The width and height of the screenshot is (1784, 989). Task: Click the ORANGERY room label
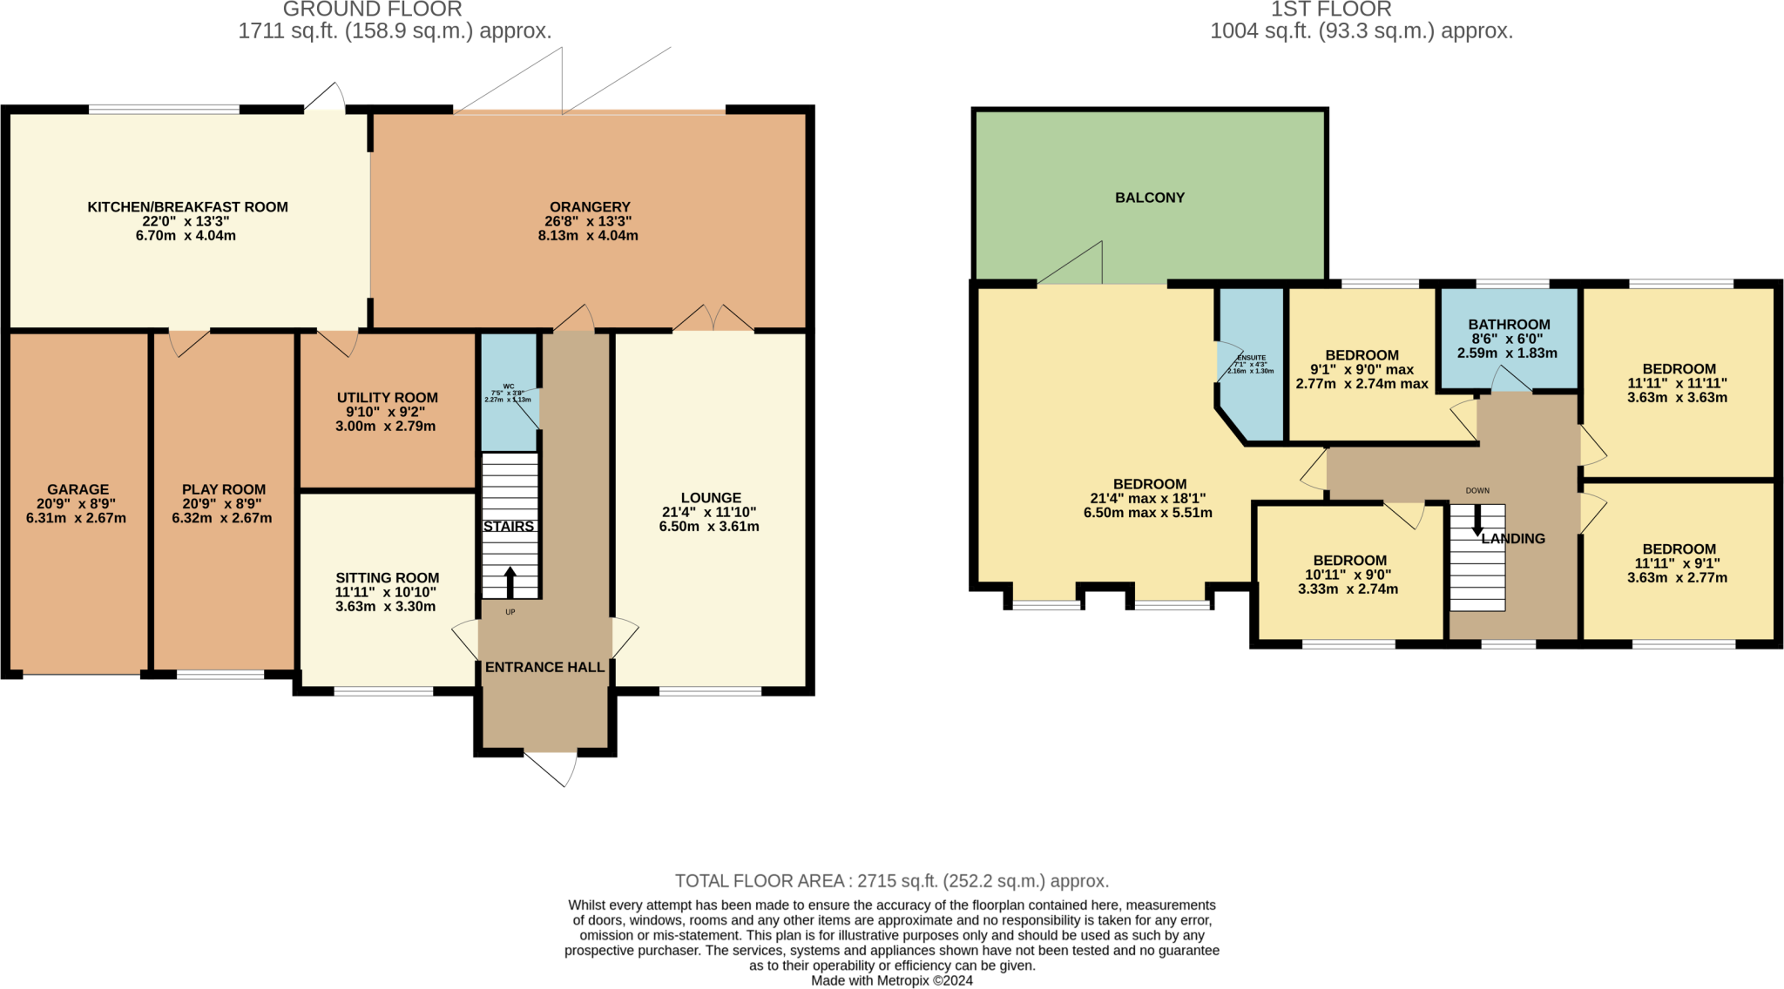click(x=590, y=207)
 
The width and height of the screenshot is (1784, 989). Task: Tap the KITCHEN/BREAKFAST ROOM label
click(x=187, y=207)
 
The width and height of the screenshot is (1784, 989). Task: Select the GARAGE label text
click(x=78, y=489)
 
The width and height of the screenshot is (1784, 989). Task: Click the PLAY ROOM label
click(x=224, y=489)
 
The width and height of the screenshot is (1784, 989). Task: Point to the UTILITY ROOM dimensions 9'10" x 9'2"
click(x=387, y=412)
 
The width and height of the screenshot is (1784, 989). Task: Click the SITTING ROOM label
click(x=387, y=578)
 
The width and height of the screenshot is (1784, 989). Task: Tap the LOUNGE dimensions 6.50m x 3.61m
click(x=709, y=527)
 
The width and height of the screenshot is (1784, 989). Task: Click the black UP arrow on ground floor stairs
click(x=510, y=582)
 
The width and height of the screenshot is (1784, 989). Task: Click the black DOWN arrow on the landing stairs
click(x=1477, y=521)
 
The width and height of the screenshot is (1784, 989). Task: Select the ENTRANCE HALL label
click(x=544, y=668)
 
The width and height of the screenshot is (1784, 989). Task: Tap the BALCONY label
click(x=1150, y=198)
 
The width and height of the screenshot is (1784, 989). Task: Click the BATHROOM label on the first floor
click(x=1509, y=325)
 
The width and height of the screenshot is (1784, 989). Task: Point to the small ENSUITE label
click(x=1251, y=358)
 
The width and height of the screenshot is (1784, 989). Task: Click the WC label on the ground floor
click(x=509, y=386)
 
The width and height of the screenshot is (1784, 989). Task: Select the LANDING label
click(x=1513, y=539)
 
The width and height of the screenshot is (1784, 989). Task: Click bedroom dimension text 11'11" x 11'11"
click(x=1677, y=383)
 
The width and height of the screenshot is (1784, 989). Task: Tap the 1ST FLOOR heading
click(x=1330, y=10)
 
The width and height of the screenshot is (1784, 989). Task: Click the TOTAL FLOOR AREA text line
click(x=891, y=881)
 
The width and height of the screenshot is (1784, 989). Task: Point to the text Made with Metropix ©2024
click(x=891, y=980)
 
